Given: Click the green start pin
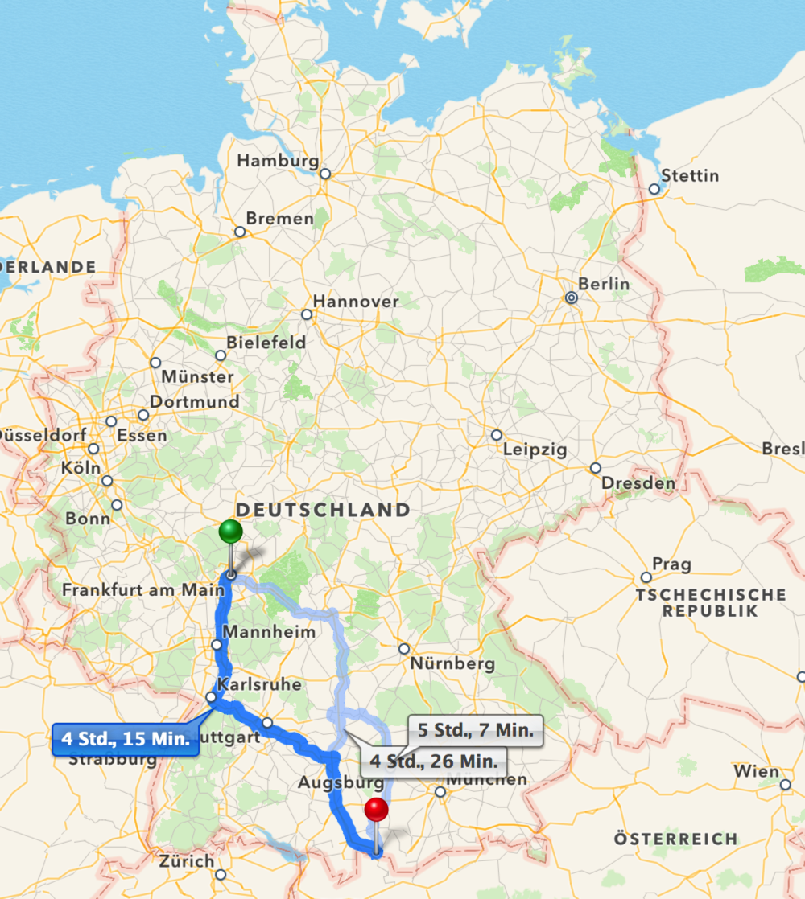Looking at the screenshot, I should [x=230, y=532].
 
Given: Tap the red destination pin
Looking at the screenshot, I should [x=376, y=810].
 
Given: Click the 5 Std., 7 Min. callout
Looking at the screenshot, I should [x=475, y=731].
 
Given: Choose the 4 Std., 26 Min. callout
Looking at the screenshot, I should [x=438, y=760].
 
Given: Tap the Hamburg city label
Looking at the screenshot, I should [x=278, y=161].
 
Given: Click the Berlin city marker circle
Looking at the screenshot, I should [x=572, y=298].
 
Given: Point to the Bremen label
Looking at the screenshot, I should [x=279, y=219].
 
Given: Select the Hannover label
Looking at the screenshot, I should [x=355, y=302].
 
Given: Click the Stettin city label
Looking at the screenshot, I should [x=689, y=175].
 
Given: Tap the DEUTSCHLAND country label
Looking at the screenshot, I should [x=323, y=510].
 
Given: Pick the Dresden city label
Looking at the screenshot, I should [x=638, y=483].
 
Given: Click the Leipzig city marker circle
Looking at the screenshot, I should [x=497, y=435].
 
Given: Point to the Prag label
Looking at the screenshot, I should [x=671, y=564].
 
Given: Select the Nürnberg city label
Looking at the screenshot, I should [x=452, y=664].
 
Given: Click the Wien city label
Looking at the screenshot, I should [x=756, y=772].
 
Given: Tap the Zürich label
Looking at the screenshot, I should [x=187, y=861].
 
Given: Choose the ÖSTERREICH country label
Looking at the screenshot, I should [x=675, y=839].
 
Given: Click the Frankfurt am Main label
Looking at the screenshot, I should [x=143, y=590].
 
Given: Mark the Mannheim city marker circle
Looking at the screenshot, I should [x=217, y=645].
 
